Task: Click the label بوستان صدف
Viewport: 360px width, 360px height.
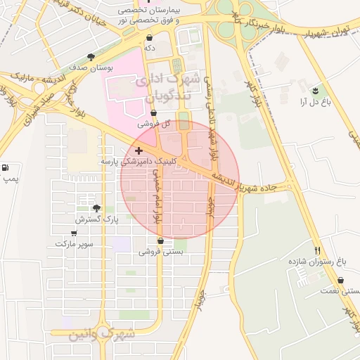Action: [x=90, y=68]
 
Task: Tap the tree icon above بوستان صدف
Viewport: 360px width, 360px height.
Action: [x=90, y=57]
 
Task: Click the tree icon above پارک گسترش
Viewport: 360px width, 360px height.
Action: [x=97, y=208]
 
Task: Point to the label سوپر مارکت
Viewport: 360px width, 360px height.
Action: [x=74, y=243]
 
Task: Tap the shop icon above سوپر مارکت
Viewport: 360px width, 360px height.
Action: [x=74, y=232]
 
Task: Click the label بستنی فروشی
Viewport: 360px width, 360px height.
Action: [x=162, y=252]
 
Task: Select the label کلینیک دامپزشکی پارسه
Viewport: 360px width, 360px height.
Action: [x=139, y=161]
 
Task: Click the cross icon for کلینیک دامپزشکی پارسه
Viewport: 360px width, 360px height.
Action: [x=139, y=150]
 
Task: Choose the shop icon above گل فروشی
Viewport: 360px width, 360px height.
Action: [x=154, y=112]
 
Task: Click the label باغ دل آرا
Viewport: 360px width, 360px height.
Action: [x=314, y=102]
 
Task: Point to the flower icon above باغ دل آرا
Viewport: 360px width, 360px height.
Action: [x=314, y=91]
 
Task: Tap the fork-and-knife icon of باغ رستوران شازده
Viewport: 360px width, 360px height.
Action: [x=318, y=250]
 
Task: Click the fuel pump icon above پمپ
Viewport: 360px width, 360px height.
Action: [x=6, y=168]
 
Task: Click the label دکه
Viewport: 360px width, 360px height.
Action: [x=149, y=48]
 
